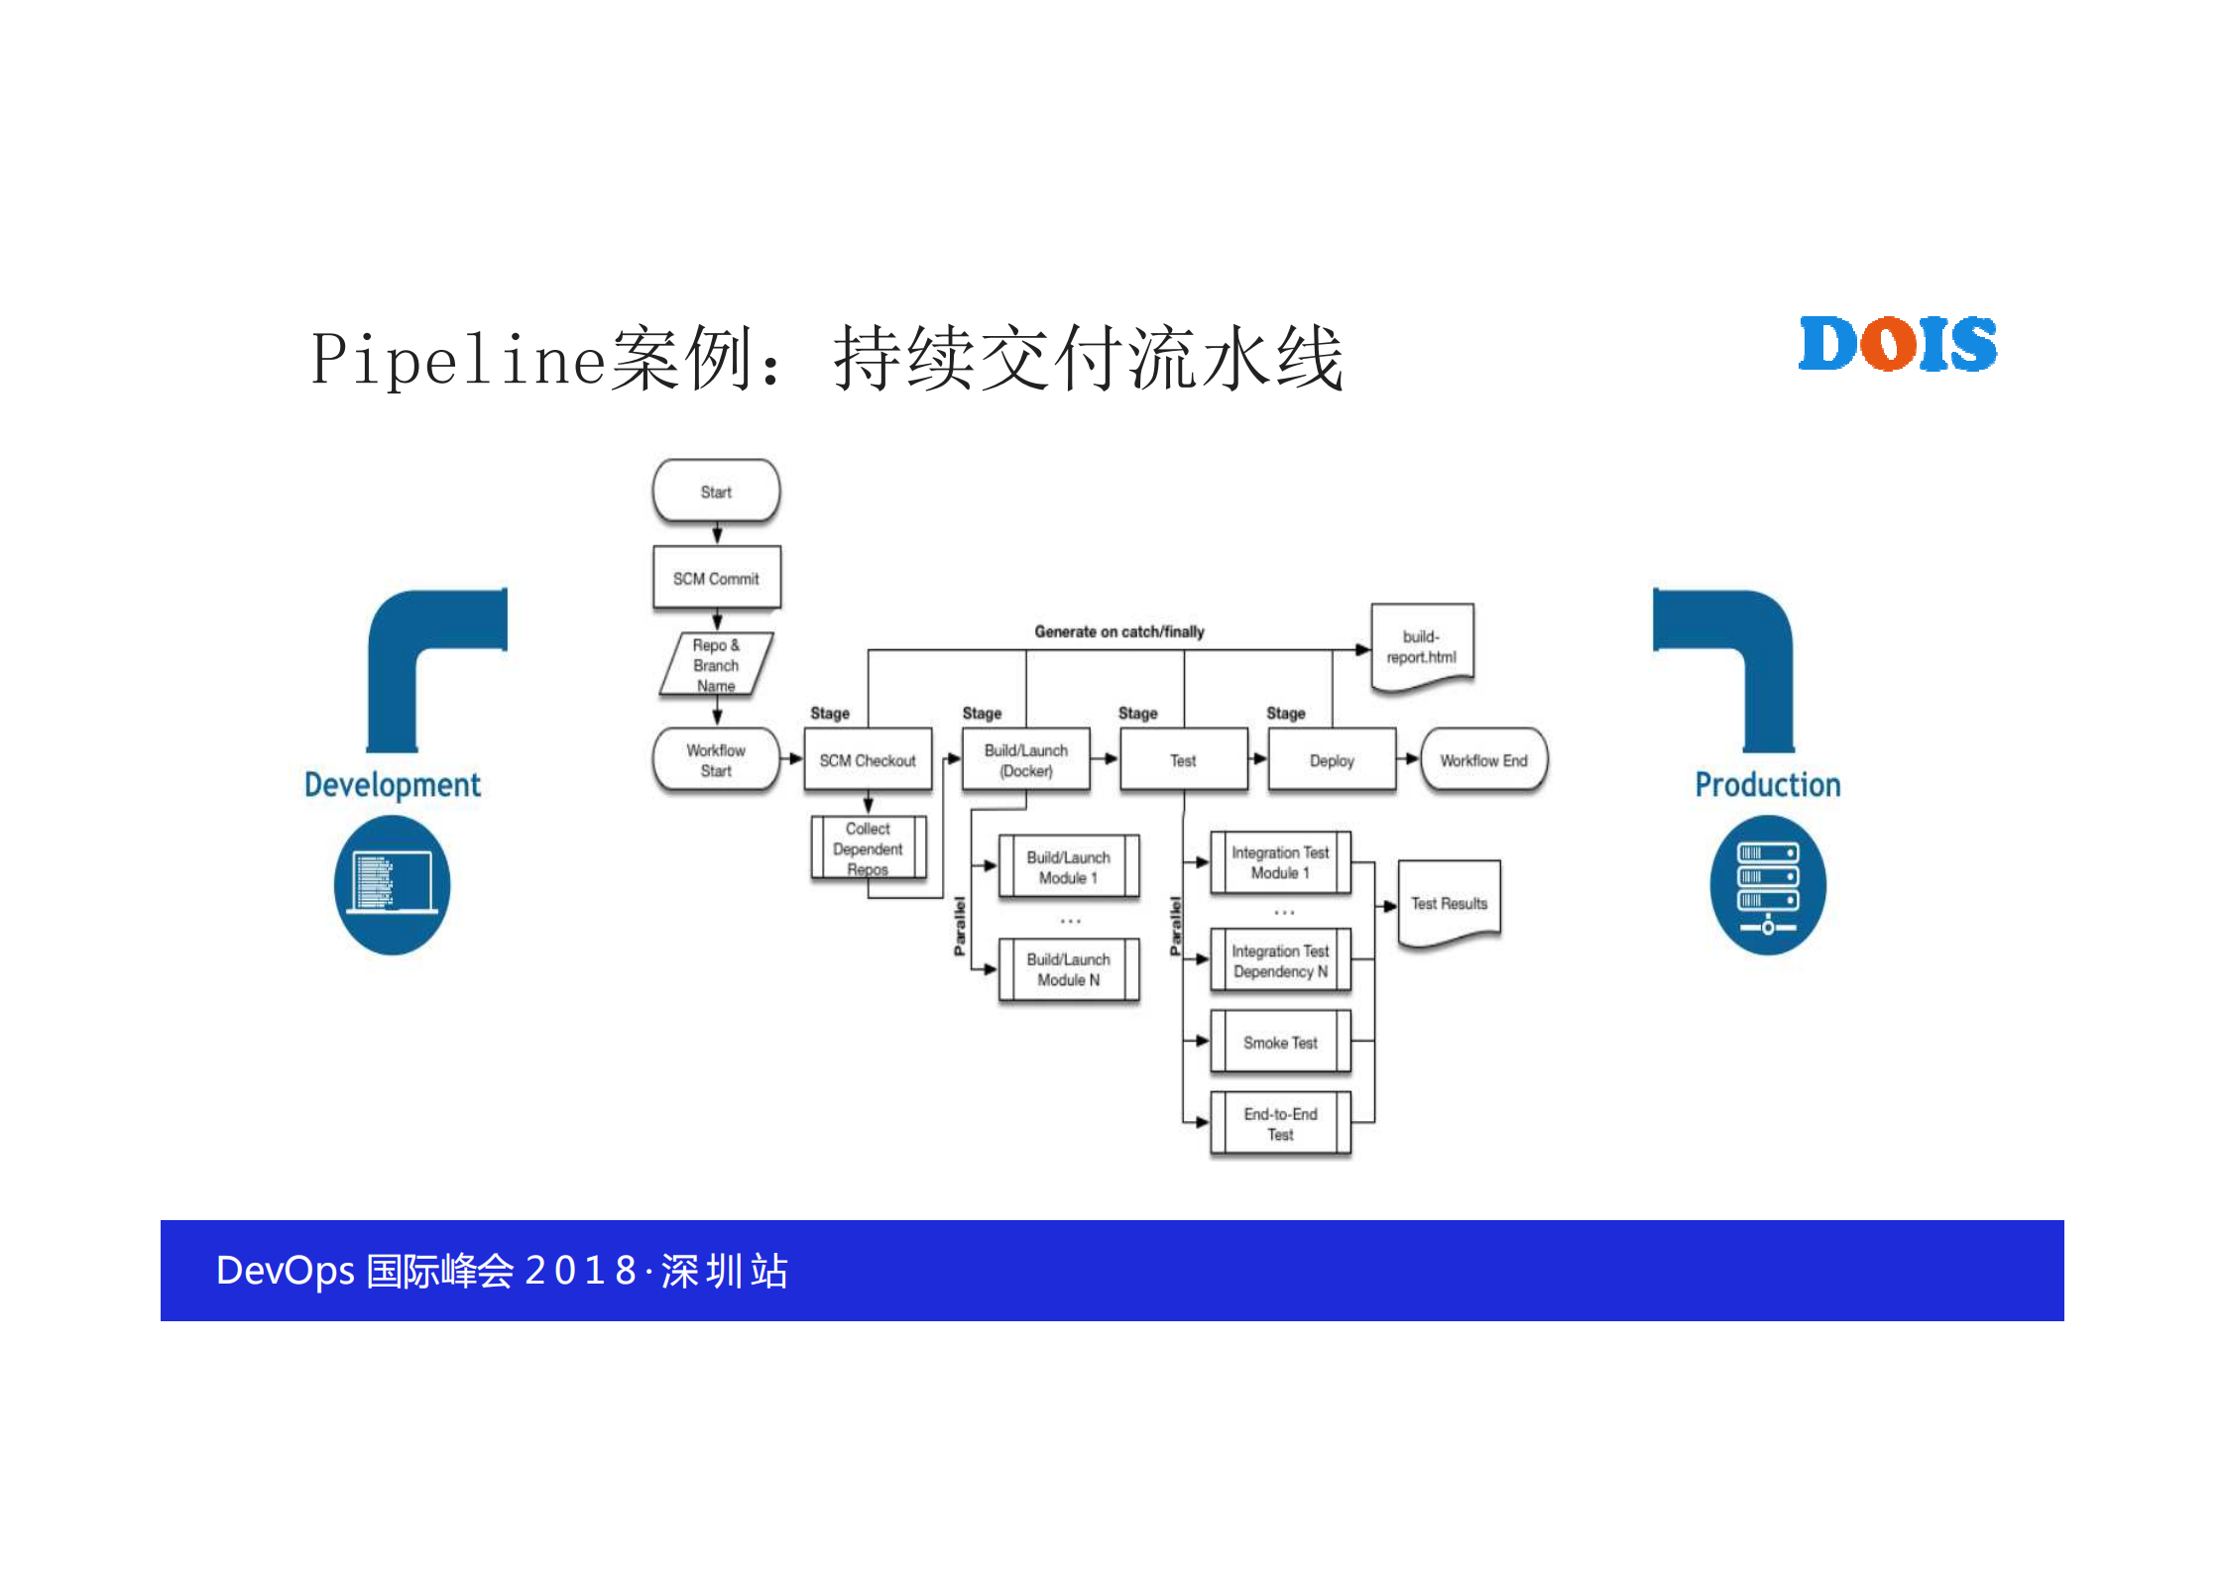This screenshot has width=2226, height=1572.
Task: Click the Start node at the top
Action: (x=716, y=491)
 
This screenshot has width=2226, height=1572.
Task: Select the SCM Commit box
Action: (x=716, y=578)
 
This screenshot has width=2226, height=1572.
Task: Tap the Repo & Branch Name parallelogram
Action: (x=716, y=664)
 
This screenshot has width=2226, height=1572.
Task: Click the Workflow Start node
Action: (x=716, y=760)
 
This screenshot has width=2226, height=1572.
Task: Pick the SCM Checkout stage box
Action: (x=868, y=760)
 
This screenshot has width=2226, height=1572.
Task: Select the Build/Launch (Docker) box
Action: (x=1026, y=760)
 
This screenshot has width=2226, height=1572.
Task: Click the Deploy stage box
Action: (x=1332, y=760)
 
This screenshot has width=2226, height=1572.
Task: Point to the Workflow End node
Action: (x=1483, y=760)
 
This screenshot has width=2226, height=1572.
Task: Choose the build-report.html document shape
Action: (x=1422, y=646)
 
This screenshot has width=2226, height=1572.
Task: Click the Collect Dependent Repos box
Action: (x=868, y=848)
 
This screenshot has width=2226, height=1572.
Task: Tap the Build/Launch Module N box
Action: (x=1069, y=969)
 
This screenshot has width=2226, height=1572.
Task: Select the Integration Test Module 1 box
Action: (x=1280, y=862)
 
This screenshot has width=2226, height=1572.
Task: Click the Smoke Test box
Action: (x=1280, y=1042)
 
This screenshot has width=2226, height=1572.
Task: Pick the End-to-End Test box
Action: (x=1280, y=1124)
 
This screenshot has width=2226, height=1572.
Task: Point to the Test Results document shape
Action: (x=1449, y=903)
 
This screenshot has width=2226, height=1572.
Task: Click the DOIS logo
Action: (x=1898, y=345)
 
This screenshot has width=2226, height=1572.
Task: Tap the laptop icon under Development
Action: (x=392, y=884)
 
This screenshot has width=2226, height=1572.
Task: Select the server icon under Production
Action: (x=1768, y=884)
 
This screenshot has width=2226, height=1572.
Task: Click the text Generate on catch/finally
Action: (x=1118, y=631)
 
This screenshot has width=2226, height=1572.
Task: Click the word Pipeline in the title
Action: (x=458, y=359)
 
